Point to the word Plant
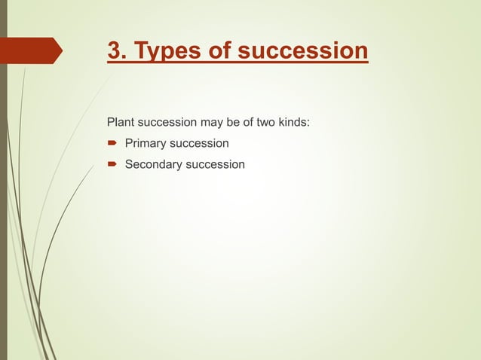121,121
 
